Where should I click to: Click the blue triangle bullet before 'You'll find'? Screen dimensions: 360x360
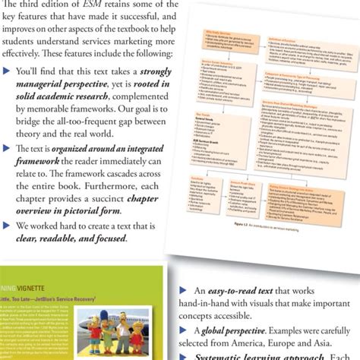pos(7,72)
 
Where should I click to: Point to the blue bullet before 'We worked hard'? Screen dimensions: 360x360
pos(7,224)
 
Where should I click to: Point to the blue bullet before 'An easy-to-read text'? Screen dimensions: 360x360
pos(182,290)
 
